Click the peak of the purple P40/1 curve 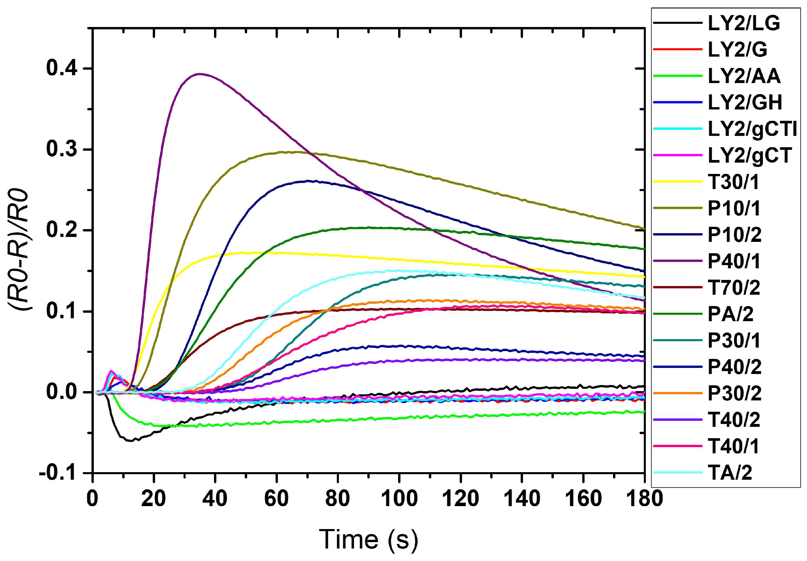199,74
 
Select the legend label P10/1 734,208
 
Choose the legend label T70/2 734,287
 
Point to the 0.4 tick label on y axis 62,68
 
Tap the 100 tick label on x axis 399,499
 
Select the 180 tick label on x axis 645,499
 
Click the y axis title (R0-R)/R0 20,249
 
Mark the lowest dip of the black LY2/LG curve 131,440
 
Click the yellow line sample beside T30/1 677,182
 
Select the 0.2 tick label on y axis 62,230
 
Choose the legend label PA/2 730,314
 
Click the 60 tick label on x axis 277,499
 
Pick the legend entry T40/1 734,446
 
